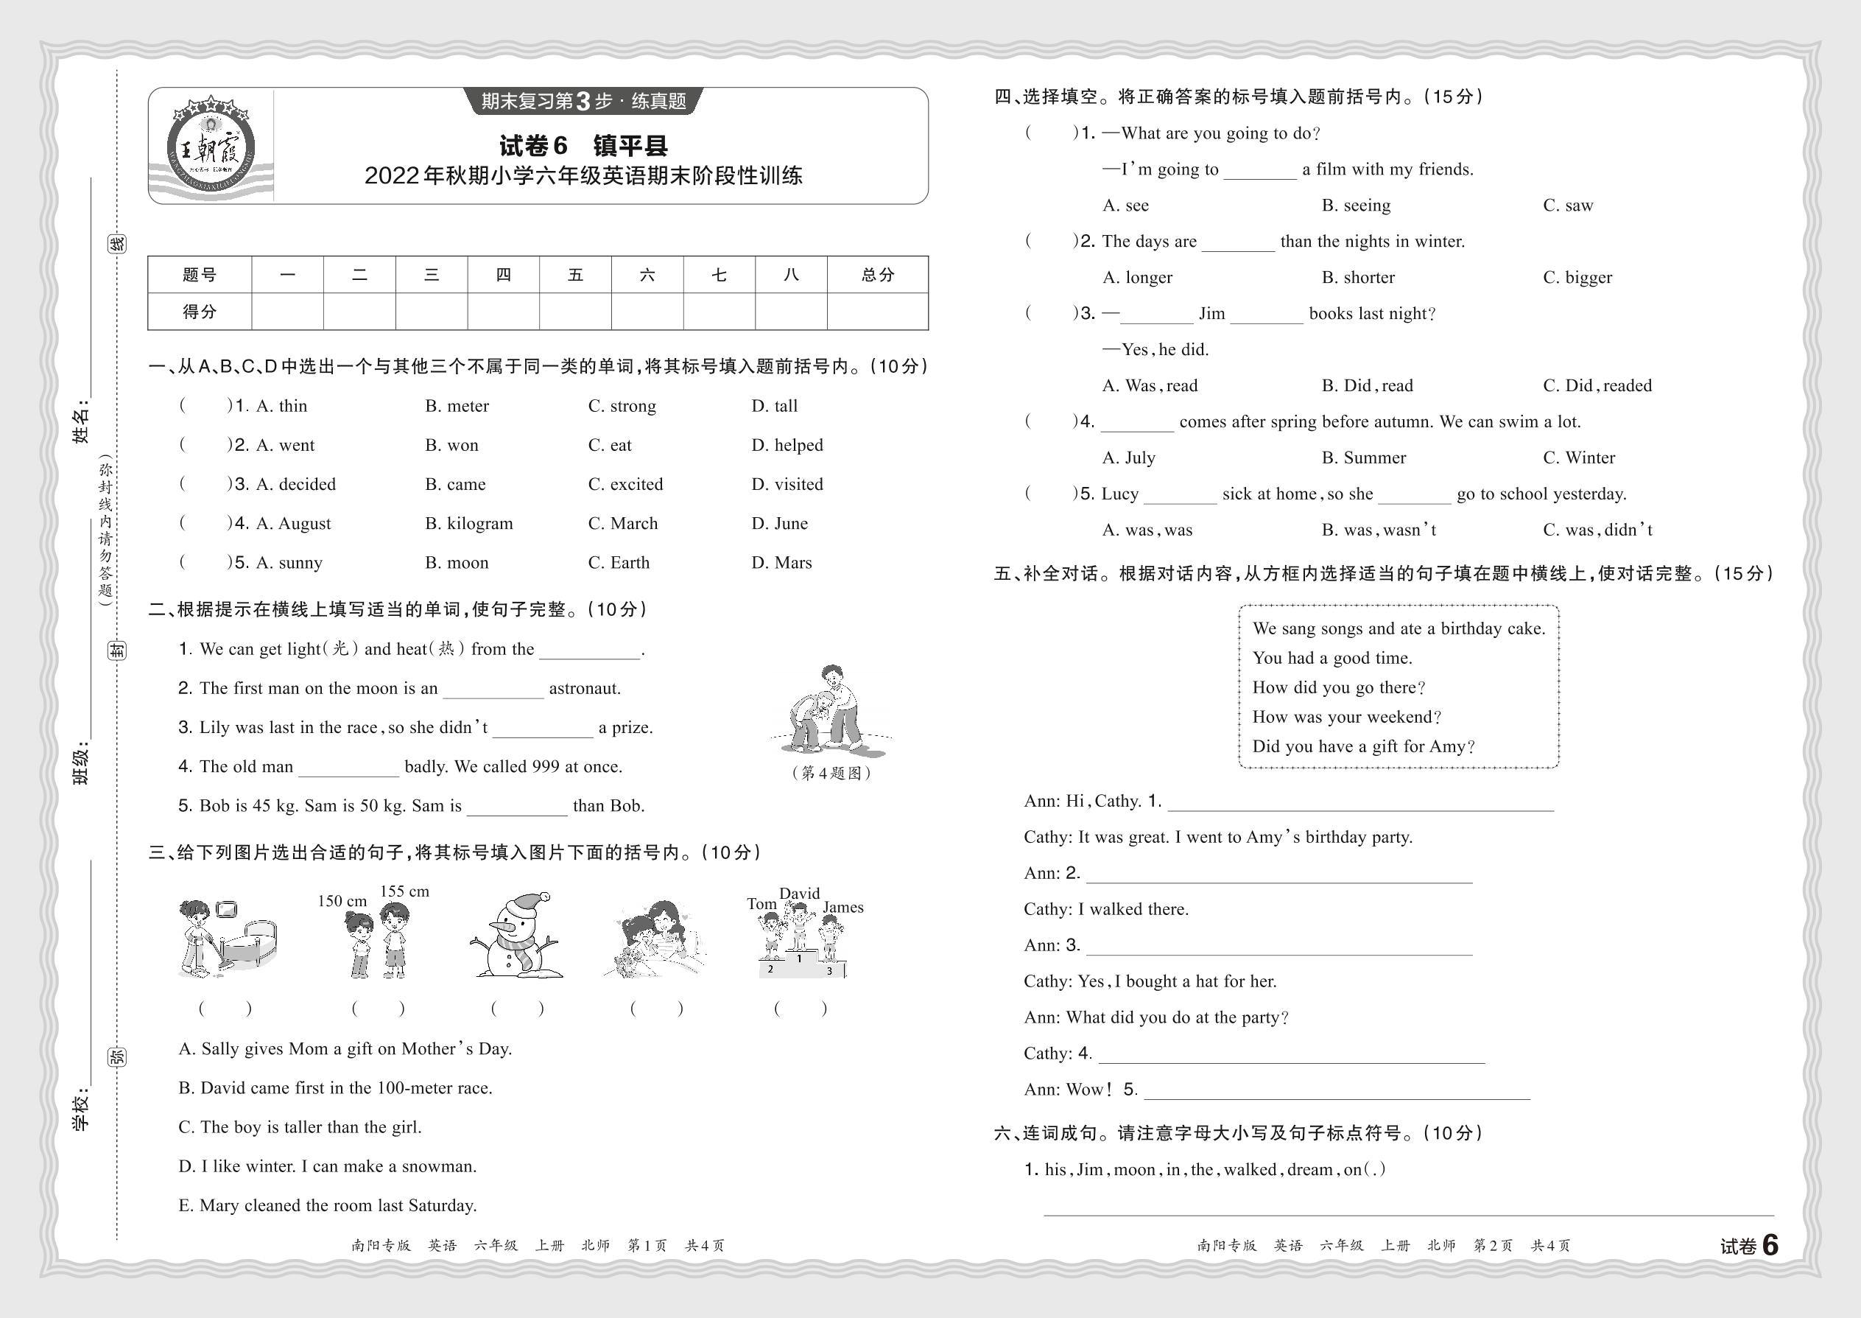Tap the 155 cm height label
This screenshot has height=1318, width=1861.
click(404, 891)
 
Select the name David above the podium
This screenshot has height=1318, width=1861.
click(799, 893)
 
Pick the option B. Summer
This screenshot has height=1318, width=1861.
click(1363, 458)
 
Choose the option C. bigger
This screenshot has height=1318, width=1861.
click(1577, 278)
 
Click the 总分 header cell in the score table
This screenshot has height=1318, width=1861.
click(877, 275)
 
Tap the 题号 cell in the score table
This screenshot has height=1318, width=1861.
click(200, 275)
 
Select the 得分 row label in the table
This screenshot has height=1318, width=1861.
click(200, 312)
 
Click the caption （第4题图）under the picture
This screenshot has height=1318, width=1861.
click(831, 774)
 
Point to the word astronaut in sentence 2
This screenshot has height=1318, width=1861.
click(584, 689)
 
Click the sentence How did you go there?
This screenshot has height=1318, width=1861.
click(1339, 687)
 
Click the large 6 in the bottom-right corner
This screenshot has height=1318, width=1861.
click(1770, 1245)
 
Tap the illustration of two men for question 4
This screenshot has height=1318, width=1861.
click(830, 708)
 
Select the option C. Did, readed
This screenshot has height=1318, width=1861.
click(1597, 385)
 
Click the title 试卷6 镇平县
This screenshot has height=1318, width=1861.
click(583, 146)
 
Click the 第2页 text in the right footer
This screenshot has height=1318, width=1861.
click(1493, 1246)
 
